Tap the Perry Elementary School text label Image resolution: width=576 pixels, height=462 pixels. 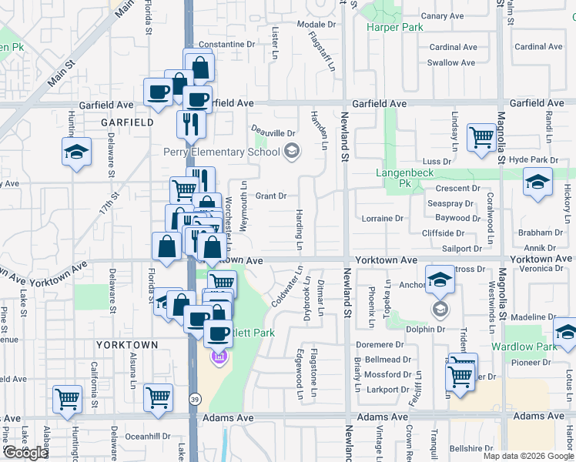[x=222, y=152]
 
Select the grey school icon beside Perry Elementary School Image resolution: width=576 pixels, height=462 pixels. [x=291, y=152]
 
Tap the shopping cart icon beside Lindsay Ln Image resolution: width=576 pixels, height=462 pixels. [x=482, y=138]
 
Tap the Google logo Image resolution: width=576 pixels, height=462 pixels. [x=25, y=452]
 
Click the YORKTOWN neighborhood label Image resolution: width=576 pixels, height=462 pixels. [x=127, y=344]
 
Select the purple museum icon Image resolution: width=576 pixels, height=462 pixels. [x=220, y=357]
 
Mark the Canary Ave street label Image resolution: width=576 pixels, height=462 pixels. [x=443, y=15]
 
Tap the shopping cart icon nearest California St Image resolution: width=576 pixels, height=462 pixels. [x=67, y=398]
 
